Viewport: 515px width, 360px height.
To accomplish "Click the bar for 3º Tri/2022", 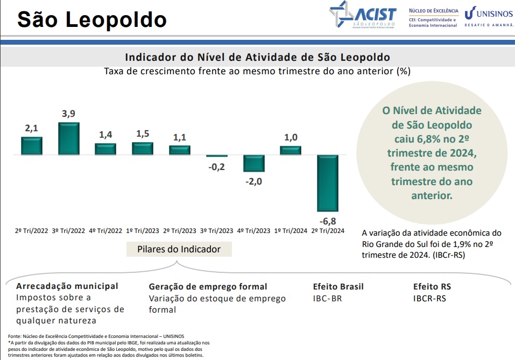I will (x=68, y=139).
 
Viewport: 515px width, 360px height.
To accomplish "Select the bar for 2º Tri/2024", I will (x=327, y=183).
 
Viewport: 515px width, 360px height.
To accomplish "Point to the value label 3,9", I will (x=69, y=114).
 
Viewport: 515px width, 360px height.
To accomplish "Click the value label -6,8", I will (x=327, y=222).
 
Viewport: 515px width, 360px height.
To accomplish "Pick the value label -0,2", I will (x=216, y=166).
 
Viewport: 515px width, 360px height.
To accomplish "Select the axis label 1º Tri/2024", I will (x=291, y=231).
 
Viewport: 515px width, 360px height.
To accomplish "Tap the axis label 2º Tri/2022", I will (x=31, y=231).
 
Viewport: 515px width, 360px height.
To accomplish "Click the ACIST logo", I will (x=363, y=16).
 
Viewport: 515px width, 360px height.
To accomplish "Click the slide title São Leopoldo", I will (x=91, y=19).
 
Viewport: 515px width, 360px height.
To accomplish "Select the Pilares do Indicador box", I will (x=179, y=249).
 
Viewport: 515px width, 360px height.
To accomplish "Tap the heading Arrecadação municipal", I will (x=67, y=286).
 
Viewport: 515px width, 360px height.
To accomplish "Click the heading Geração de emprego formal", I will (x=208, y=286).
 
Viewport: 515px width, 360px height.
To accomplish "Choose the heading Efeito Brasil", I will (x=338, y=286).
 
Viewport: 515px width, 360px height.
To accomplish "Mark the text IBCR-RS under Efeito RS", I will (x=429, y=298).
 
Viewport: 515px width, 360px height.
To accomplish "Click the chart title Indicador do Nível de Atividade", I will (x=257, y=57).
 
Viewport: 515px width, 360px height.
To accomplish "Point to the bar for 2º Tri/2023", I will (x=180, y=150).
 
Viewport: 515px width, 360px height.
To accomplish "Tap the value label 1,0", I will (x=291, y=137).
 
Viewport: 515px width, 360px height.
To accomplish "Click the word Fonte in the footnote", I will (x=15, y=336).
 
